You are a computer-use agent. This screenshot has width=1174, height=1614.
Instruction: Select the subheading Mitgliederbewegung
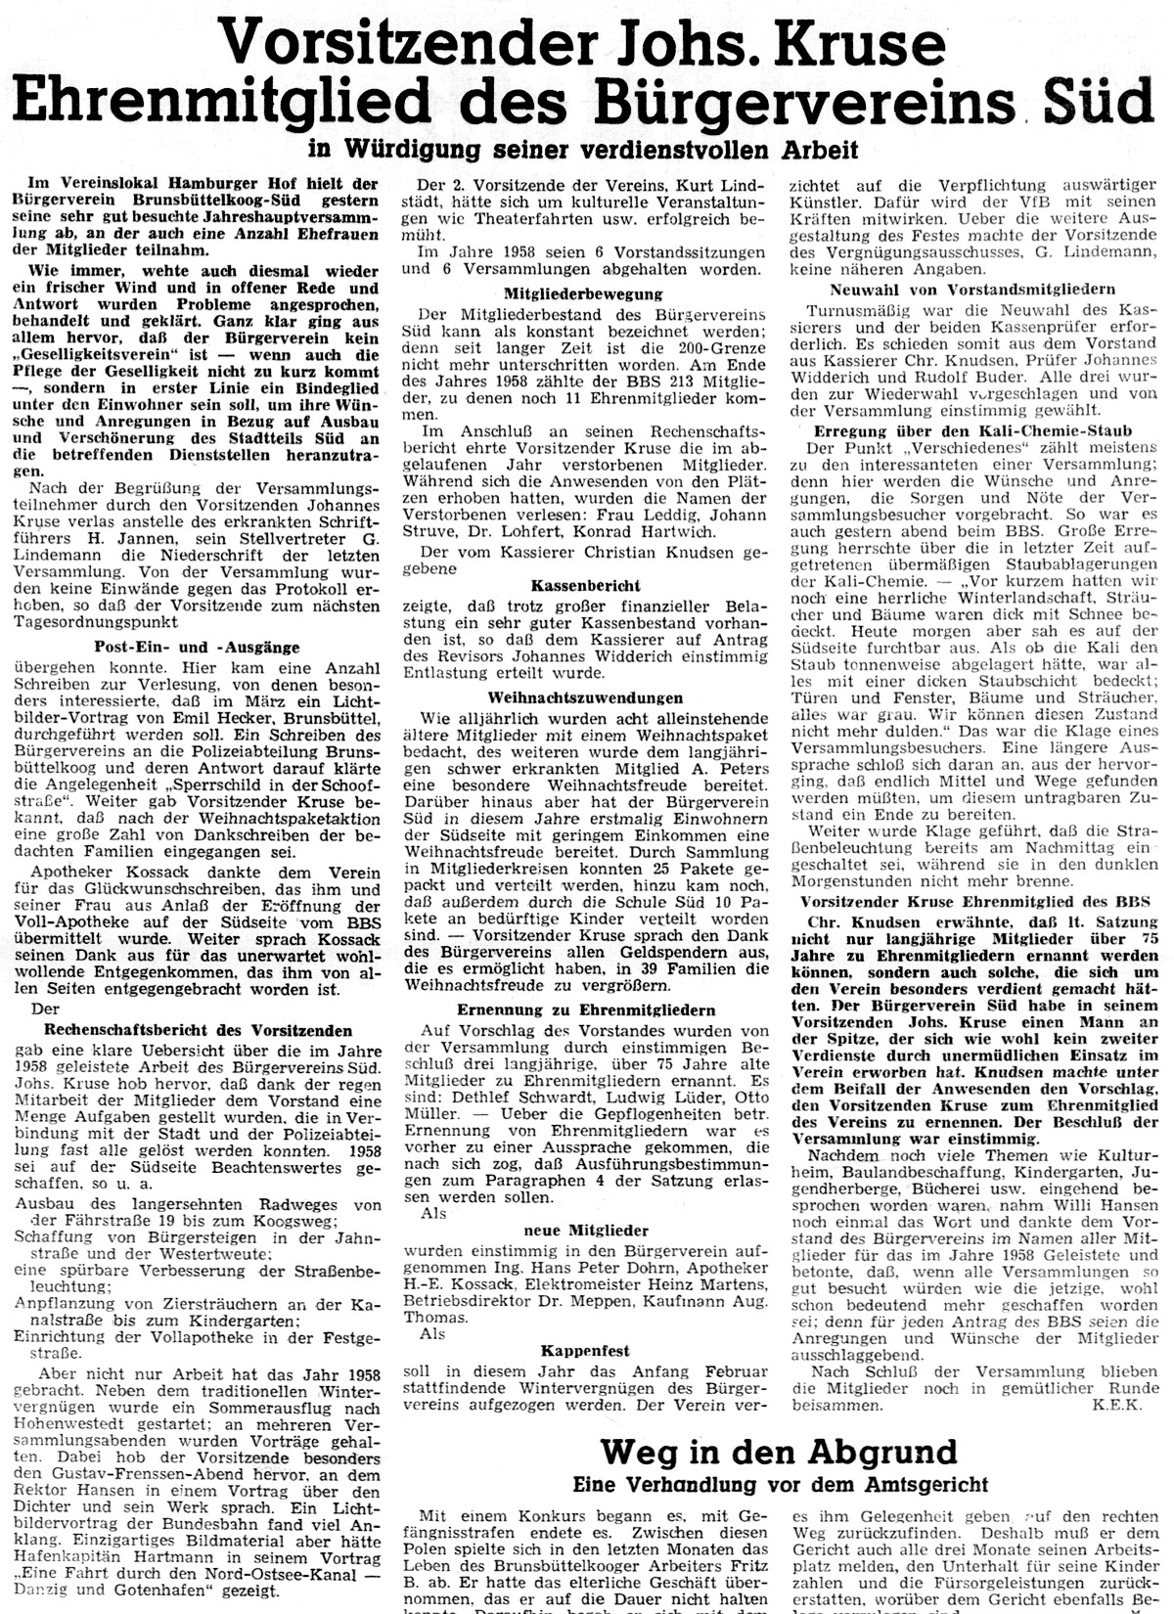pos(582,293)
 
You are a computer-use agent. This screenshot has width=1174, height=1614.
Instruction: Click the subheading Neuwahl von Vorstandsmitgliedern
pos(972,290)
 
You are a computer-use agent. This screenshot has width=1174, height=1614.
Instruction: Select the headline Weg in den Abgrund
pos(777,1451)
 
